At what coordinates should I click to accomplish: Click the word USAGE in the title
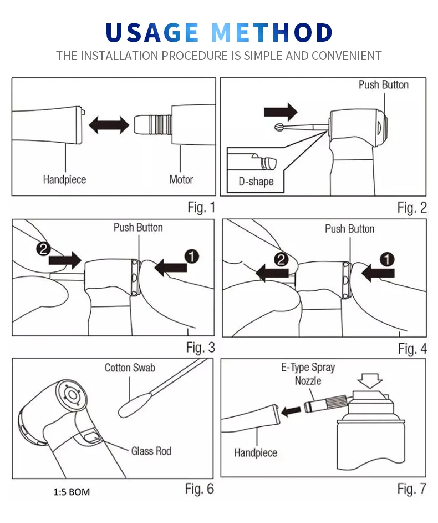tap(152, 33)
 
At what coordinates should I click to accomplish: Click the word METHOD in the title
tap(272, 33)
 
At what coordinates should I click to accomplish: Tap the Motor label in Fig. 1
tap(181, 179)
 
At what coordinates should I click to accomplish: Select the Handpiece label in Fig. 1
tap(64, 179)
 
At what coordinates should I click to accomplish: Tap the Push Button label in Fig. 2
tap(383, 85)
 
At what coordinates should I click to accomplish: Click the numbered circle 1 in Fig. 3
tap(191, 257)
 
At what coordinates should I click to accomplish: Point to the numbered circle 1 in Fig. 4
tap(388, 259)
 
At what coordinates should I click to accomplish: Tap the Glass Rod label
tap(151, 451)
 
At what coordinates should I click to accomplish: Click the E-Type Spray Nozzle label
tap(308, 374)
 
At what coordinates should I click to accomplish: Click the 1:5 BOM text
tap(72, 492)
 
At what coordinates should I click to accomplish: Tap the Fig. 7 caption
tap(411, 489)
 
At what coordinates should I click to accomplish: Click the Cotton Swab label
tap(130, 368)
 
